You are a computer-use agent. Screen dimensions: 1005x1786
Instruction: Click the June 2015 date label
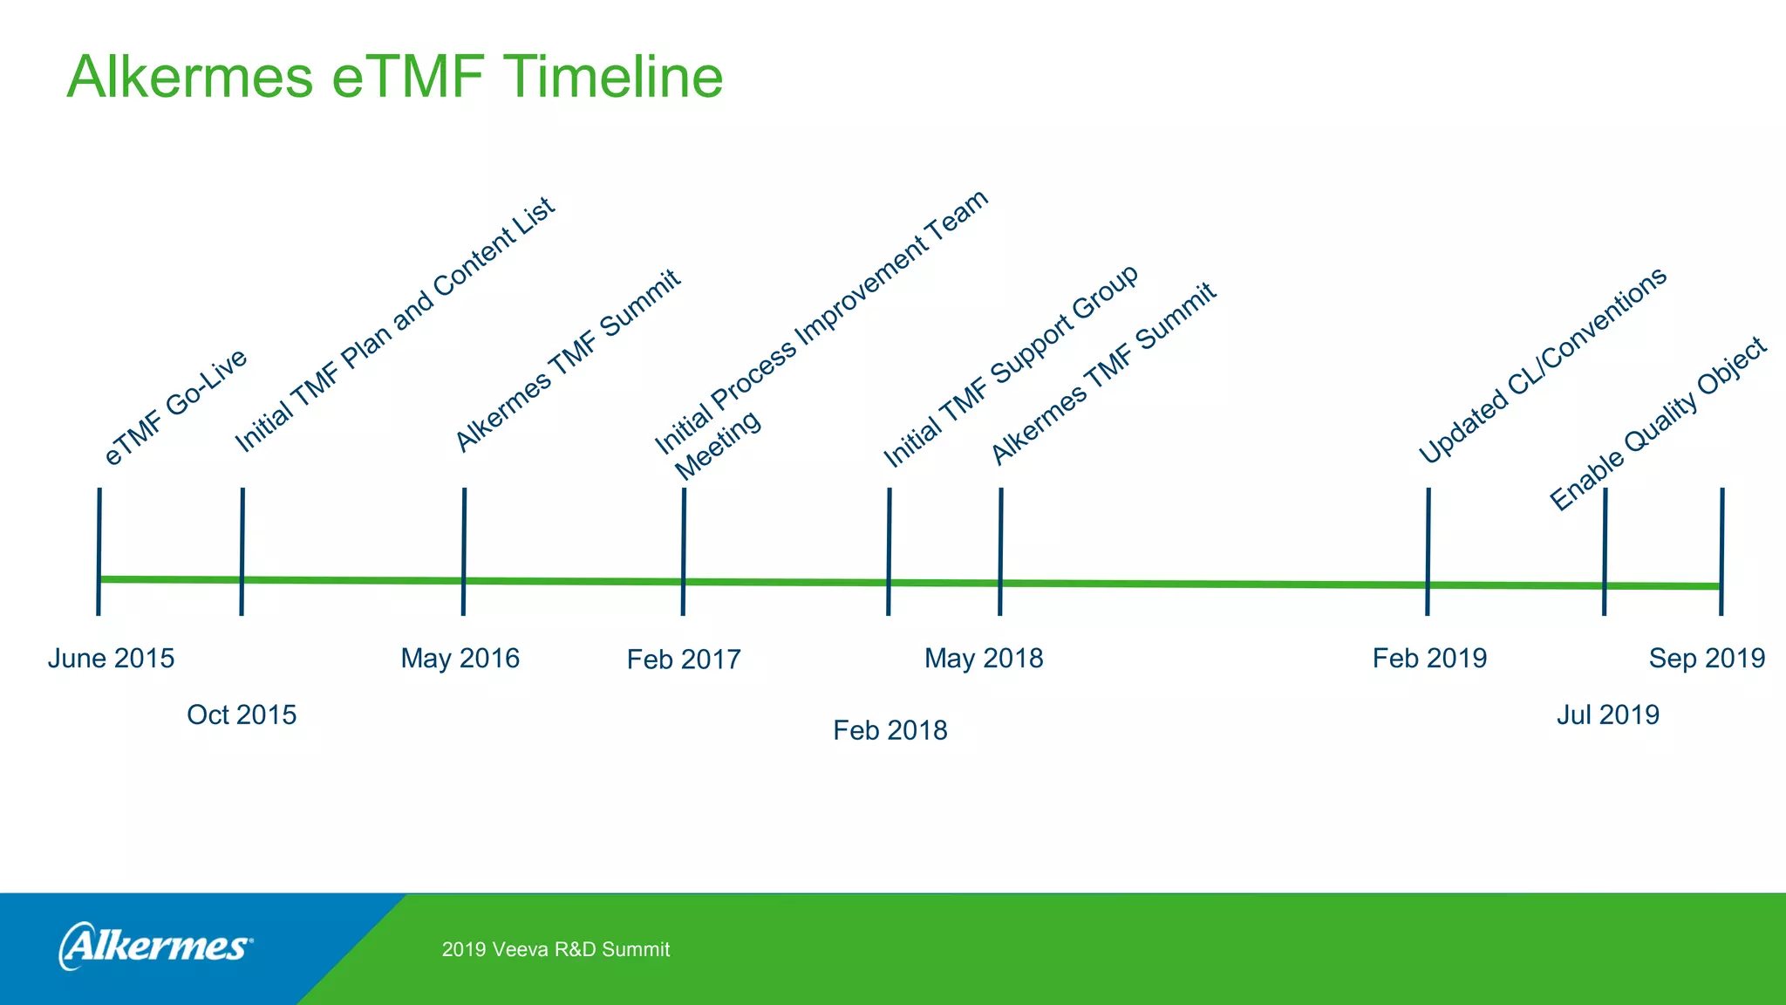pyautogui.click(x=111, y=659)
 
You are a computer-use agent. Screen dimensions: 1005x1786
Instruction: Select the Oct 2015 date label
pyautogui.click(x=242, y=715)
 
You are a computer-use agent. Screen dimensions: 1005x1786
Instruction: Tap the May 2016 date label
pyautogui.click(x=460, y=659)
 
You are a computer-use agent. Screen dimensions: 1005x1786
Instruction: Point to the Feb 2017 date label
pyautogui.click(x=684, y=660)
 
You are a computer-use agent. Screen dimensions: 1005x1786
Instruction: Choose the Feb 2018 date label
pyautogui.click(x=890, y=730)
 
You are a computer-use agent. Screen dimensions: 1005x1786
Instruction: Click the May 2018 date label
pyautogui.click(x=984, y=659)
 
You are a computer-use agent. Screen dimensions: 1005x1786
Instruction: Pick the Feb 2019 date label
pyautogui.click(x=1429, y=659)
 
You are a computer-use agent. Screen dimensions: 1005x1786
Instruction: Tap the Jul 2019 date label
pyautogui.click(x=1607, y=715)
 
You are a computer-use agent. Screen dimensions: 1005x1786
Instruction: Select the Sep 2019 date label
pyautogui.click(x=1707, y=659)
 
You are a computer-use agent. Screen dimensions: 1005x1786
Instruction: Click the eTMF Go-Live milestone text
pyautogui.click(x=175, y=407)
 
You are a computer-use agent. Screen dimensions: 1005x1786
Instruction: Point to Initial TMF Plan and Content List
pyautogui.click(x=394, y=325)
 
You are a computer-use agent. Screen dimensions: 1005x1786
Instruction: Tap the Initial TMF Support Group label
pyautogui.click(x=1011, y=366)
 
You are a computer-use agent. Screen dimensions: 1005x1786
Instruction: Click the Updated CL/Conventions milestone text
pyautogui.click(x=1542, y=366)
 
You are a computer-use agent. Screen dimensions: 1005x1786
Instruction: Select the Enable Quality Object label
pyautogui.click(x=1658, y=423)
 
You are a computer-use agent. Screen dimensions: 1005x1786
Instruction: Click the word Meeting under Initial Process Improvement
pyautogui.click(x=719, y=446)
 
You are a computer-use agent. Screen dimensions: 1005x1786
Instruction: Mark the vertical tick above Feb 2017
pyautogui.click(x=684, y=551)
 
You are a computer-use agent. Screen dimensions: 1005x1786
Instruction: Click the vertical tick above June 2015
pyautogui.click(x=99, y=551)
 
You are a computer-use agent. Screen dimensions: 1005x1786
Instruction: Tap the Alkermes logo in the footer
pyautogui.click(x=155, y=947)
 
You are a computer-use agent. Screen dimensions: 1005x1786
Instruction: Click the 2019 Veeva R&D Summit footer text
pyautogui.click(x=556, y=950)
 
